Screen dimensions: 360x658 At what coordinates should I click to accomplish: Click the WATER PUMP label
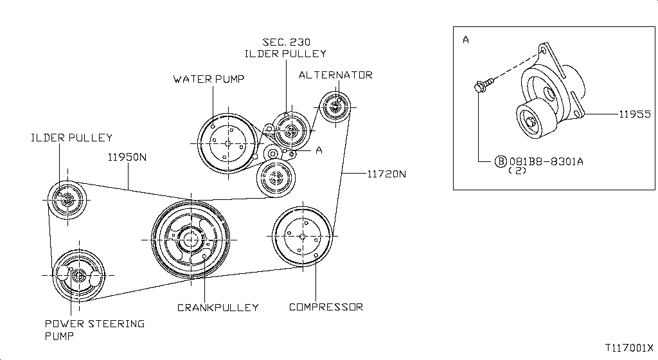[x=209, y=79]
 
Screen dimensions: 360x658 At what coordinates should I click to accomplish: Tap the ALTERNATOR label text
[x=335, y=75]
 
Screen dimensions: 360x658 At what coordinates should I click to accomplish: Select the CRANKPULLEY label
[x=218, y=307]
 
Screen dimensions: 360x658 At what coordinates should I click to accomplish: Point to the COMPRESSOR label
[x=326, y=307]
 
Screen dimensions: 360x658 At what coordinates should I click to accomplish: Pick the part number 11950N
[x=127, y=157]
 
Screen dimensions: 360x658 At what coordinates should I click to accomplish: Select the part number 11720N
[x=387, y=174]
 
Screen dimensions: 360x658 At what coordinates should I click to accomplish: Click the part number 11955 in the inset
[x=635, y=114]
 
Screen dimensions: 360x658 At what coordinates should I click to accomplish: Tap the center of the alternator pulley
[x=335, y=107]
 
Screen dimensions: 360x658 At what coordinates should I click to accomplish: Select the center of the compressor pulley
[x=302, y=237]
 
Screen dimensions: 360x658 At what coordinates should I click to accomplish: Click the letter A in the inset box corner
[x=466, y=40]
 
